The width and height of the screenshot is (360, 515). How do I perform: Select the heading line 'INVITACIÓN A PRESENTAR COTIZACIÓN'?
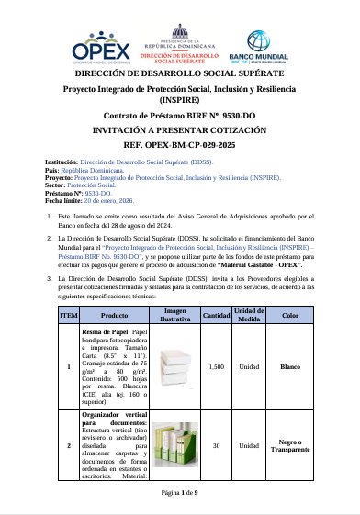(x=180, y=131)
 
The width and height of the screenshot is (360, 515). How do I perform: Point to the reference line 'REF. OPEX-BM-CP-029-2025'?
(x=180, y=145)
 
